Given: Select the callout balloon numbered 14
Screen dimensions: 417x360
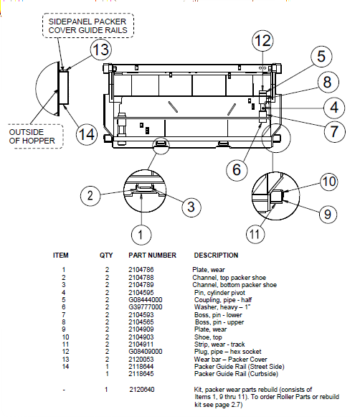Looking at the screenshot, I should [x=87, y=134].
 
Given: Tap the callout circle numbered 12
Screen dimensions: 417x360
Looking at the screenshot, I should [x=262, y=41].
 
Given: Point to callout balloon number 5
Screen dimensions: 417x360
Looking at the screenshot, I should [x=321, y=57].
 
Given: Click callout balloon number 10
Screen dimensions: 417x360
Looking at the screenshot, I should [x=328, y=182].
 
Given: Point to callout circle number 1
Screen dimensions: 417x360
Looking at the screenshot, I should [x=141, y=233].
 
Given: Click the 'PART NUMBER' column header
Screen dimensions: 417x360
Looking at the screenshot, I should [x=152, y=255].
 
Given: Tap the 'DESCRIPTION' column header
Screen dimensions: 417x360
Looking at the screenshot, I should [x=216, y=255].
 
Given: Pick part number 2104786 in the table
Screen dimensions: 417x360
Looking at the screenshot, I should [x=141, y=269].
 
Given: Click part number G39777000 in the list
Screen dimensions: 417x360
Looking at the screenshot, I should [x=146, y=306].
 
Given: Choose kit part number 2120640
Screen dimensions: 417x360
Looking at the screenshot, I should [x=141, y=388].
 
